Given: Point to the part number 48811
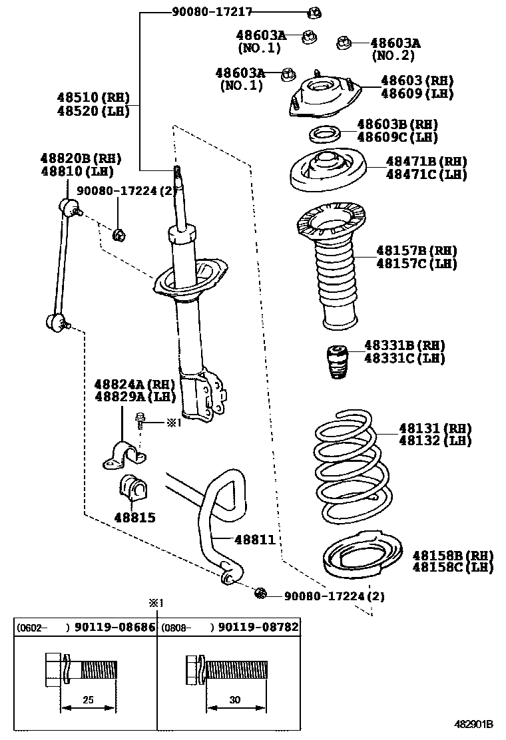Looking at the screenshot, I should point(254,540).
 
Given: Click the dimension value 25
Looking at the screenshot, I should point(89,700).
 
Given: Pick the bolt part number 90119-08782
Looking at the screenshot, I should point(258,627).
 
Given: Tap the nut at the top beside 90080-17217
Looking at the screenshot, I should point(315,12).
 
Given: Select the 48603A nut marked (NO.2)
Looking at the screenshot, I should point(344,43).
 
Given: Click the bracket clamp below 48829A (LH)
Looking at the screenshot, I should point(125,456).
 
